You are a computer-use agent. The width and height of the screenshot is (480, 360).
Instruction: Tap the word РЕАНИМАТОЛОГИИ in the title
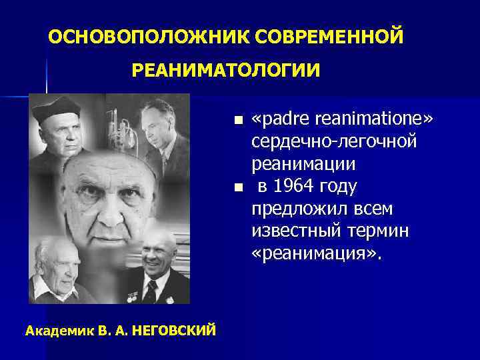[225, 69]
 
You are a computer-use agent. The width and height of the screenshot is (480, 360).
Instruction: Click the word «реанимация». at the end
[318, 255]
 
